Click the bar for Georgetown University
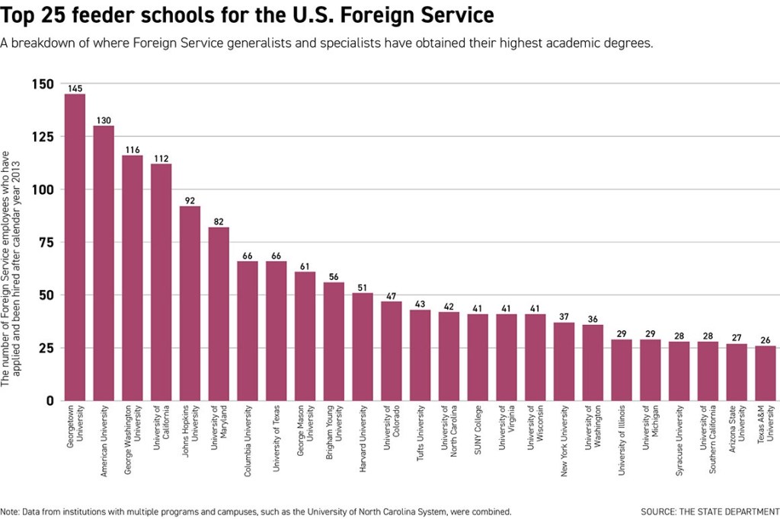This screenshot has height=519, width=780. click(75, 247)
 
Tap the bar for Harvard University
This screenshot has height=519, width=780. click(363, 346)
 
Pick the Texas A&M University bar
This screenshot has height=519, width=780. click(766, 373)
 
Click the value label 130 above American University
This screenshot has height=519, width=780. click(104, 121)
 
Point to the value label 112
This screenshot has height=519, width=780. click(161, 159)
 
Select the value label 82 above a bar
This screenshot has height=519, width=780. click(219, 222)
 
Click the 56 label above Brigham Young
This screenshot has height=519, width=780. click(334, 277)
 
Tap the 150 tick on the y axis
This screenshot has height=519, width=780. click(43, 84)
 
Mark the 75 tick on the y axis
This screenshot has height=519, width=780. click(46, 242)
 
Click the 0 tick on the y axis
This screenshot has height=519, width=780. click(50, 400)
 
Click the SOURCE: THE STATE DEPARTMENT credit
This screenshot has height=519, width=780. click(709, 511)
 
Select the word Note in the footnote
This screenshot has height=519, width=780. click(10, 511)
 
